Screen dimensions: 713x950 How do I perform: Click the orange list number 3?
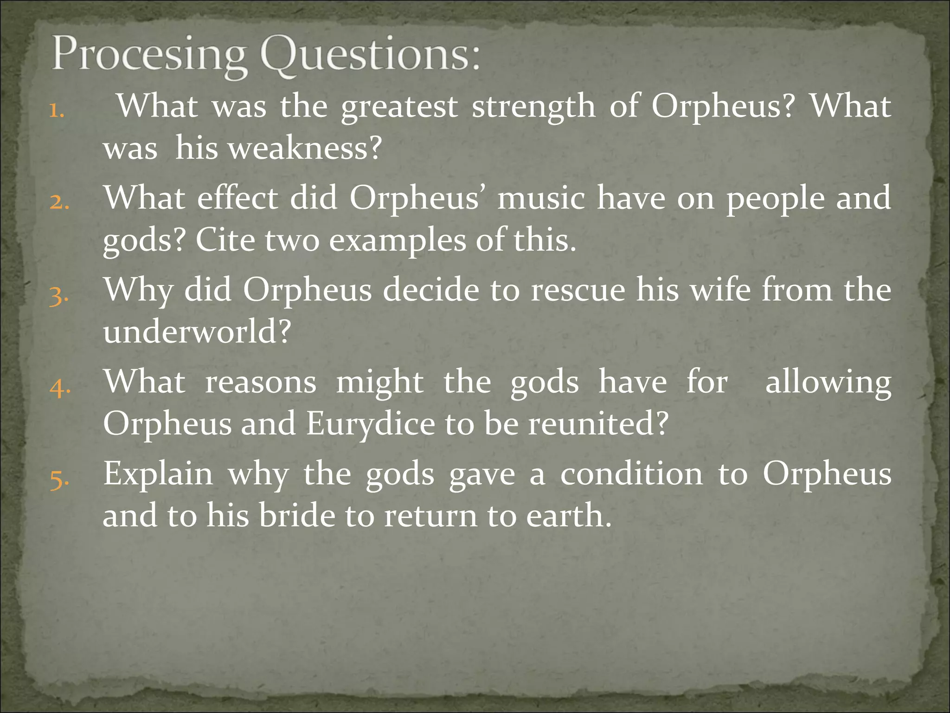click(x=59, y=295)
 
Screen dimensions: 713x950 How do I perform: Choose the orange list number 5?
click(x=59, y=479)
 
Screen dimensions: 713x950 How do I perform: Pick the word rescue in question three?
click(x=578, y=290)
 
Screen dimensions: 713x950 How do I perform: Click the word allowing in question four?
click(x=828, y=383)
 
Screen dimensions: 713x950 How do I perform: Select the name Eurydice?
click(x=370, y=424)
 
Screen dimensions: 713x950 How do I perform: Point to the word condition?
click(x=631, y=474)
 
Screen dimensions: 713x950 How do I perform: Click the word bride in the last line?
click(x=297, y=516)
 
